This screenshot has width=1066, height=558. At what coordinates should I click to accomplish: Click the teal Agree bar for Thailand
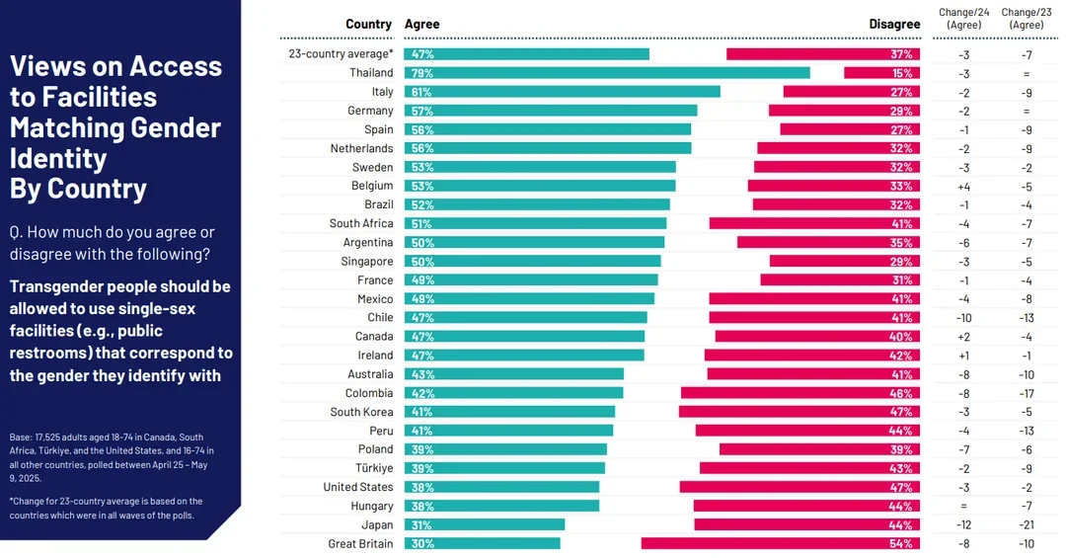tap(607, 73)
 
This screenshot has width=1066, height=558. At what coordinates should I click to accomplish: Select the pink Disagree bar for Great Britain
tap(781, 543)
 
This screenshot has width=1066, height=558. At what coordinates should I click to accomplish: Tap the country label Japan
tap(377, 524)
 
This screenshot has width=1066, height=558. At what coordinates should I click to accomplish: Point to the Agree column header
tap(421, 25)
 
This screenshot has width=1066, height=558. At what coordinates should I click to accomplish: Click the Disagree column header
tap(894, 25)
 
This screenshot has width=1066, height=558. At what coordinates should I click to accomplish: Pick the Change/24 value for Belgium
tap(963, 186)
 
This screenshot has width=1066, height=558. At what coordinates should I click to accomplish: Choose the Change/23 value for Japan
tap(1027, 524)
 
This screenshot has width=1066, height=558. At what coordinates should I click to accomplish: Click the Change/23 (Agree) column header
tap(1027, 18)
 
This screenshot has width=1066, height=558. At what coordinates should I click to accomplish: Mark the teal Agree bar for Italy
tap(563, 92)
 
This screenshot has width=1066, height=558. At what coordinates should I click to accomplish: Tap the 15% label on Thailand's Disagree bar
tap(902, 73)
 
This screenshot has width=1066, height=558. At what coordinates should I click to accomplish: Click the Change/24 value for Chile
tap(963, 318)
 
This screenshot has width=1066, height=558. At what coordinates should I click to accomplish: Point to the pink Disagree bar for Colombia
tap(800, 393)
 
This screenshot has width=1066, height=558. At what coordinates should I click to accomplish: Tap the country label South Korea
tap(361, 412)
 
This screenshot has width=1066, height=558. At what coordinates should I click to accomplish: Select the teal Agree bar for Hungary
tap(501, 506)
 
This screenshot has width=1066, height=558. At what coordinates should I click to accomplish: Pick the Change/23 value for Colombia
tap(1027, 393)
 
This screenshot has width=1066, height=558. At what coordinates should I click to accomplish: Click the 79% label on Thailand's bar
tap(421, 73)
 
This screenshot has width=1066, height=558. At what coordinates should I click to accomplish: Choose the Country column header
tap(368, 25)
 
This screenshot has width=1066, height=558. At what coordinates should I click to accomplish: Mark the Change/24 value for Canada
tap(963, 337)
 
